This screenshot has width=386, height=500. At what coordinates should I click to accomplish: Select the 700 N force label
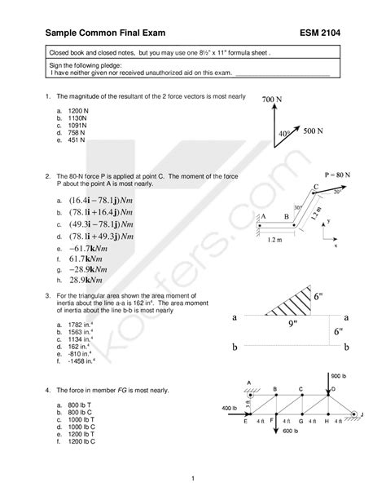click(274, 99)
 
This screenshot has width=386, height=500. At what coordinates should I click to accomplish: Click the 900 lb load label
click(340, 376)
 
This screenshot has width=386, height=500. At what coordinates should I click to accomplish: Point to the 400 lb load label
click(230, 406)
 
